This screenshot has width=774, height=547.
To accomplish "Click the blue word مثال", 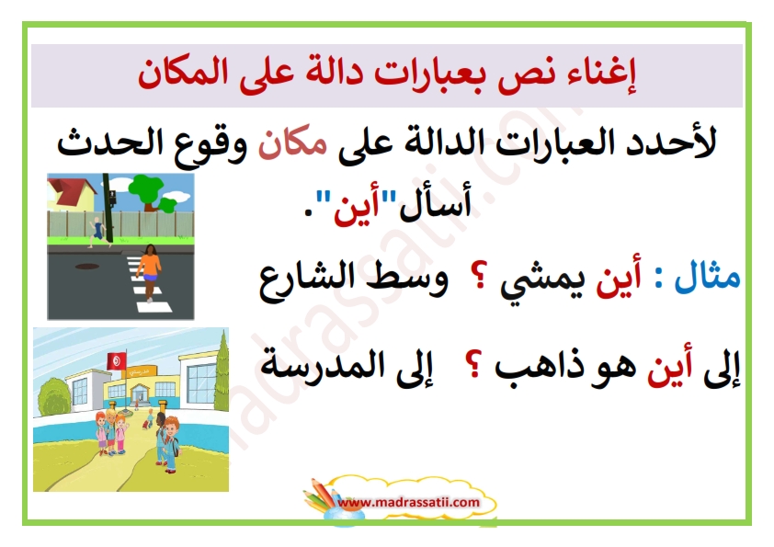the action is pos(708,277).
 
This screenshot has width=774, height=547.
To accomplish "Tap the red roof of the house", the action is pos(69,189).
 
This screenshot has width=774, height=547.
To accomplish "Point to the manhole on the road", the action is pos(87,267).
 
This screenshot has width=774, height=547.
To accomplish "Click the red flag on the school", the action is pos(117,361).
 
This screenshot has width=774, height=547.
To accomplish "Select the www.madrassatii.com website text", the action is pos(409,503).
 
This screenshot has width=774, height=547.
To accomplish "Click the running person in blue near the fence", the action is pos(98,231).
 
